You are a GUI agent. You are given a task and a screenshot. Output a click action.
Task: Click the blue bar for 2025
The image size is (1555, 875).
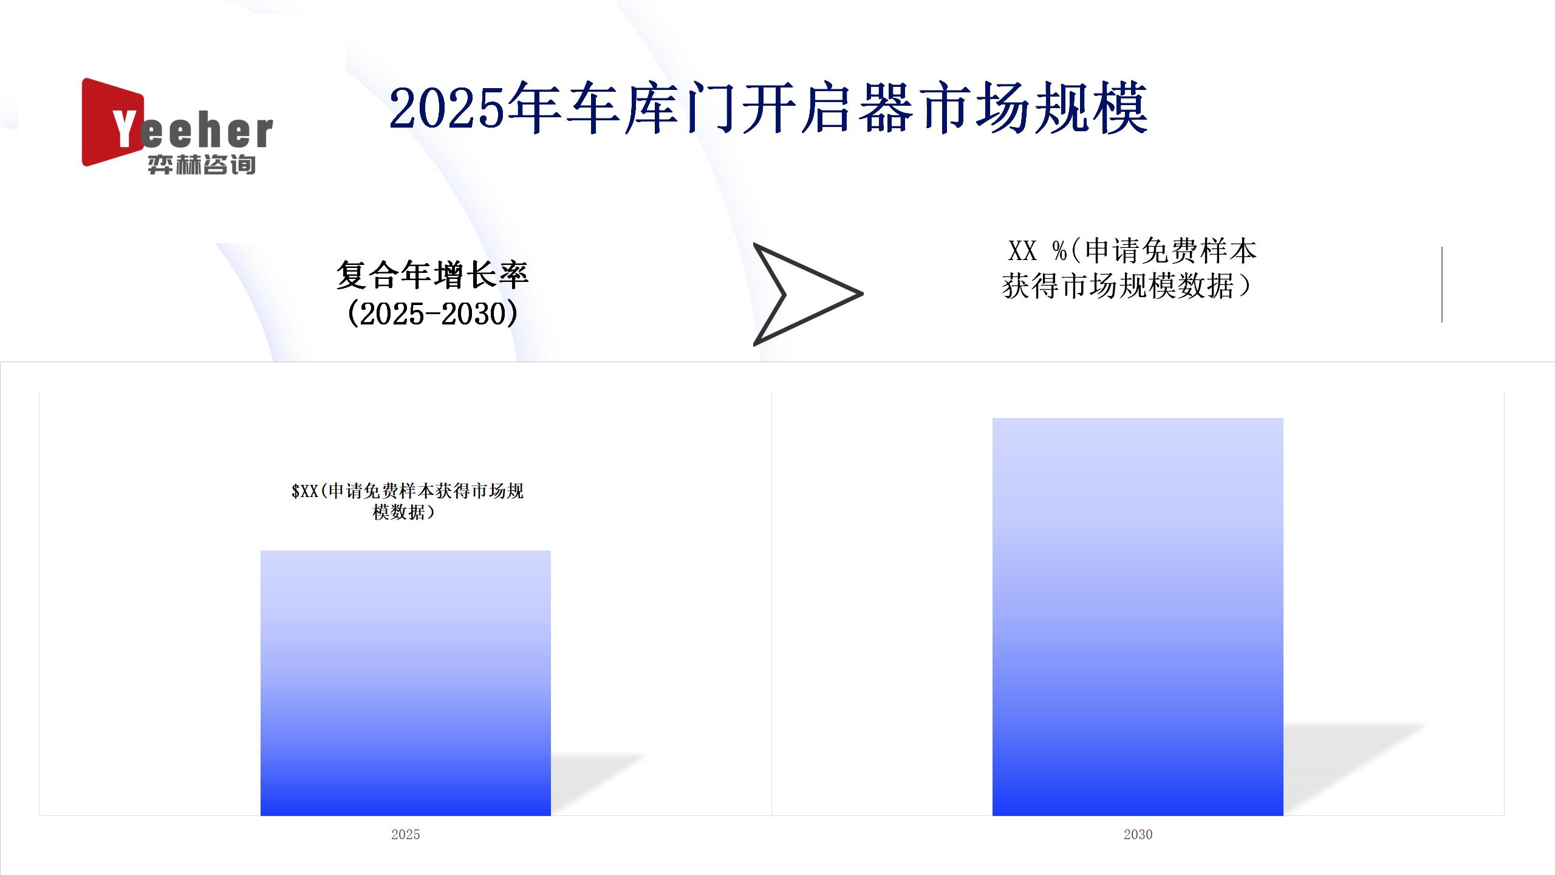click(x=406, y=683)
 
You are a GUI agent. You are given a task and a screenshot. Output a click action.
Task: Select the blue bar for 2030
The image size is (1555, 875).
click(x=1138, y=617)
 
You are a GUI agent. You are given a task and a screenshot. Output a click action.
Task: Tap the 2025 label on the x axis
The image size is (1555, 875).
click(x=406, y=834)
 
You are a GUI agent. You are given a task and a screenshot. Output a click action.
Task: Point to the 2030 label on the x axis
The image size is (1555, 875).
click(x=1138, y=834)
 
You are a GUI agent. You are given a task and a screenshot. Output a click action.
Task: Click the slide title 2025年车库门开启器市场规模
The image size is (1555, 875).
click(x=768, y=109)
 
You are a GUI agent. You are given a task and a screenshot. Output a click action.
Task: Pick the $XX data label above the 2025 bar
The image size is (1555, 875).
click(x=407, y=501)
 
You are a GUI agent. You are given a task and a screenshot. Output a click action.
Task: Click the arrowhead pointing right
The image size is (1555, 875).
click(x=807, y=294)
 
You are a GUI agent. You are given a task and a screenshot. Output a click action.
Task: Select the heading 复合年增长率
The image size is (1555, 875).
click(x=432, y=275)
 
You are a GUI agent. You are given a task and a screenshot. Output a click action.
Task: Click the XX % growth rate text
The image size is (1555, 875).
click(x=1129, y=269)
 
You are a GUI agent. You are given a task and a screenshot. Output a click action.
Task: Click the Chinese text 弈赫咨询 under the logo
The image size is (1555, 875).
click(x=202, y=164)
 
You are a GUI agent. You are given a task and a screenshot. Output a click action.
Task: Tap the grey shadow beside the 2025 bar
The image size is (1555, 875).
click(x=598, y=784)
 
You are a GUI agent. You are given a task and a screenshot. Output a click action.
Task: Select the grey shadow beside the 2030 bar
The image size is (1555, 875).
click(x=1355, y=769)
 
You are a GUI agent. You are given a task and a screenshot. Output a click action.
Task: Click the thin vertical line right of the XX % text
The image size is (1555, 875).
click(x=1441, y=284)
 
